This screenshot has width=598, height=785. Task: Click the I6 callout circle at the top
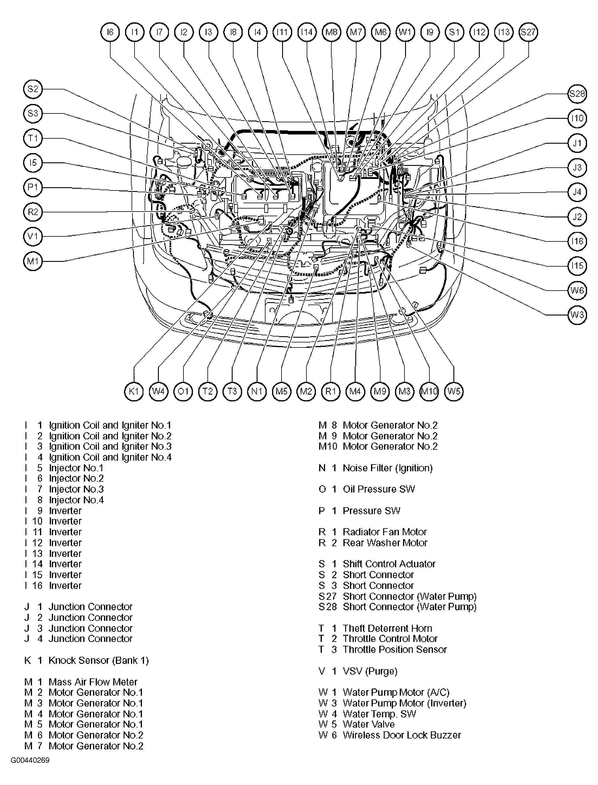(110, 32)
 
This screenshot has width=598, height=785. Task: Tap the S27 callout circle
(528, 32)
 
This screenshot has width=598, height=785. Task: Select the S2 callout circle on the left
(33, 89)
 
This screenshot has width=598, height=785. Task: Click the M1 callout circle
(33, 262)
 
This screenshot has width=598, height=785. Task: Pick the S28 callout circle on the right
(577, 94)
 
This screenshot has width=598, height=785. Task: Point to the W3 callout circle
(577, 315)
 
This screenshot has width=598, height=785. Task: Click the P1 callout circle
(33, 187)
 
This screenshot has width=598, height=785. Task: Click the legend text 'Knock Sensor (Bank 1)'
(99, 661)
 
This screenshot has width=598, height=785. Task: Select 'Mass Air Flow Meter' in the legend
(93, 682)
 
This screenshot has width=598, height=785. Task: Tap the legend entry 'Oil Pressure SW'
(379, 489)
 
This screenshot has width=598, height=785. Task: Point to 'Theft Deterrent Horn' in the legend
(387, 628)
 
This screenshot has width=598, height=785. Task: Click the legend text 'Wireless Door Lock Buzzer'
(402, 735)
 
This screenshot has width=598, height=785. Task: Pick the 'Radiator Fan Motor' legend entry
(384, 532)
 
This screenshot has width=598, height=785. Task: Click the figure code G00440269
(30, 760)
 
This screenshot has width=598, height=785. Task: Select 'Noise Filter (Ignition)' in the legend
(387, 468)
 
